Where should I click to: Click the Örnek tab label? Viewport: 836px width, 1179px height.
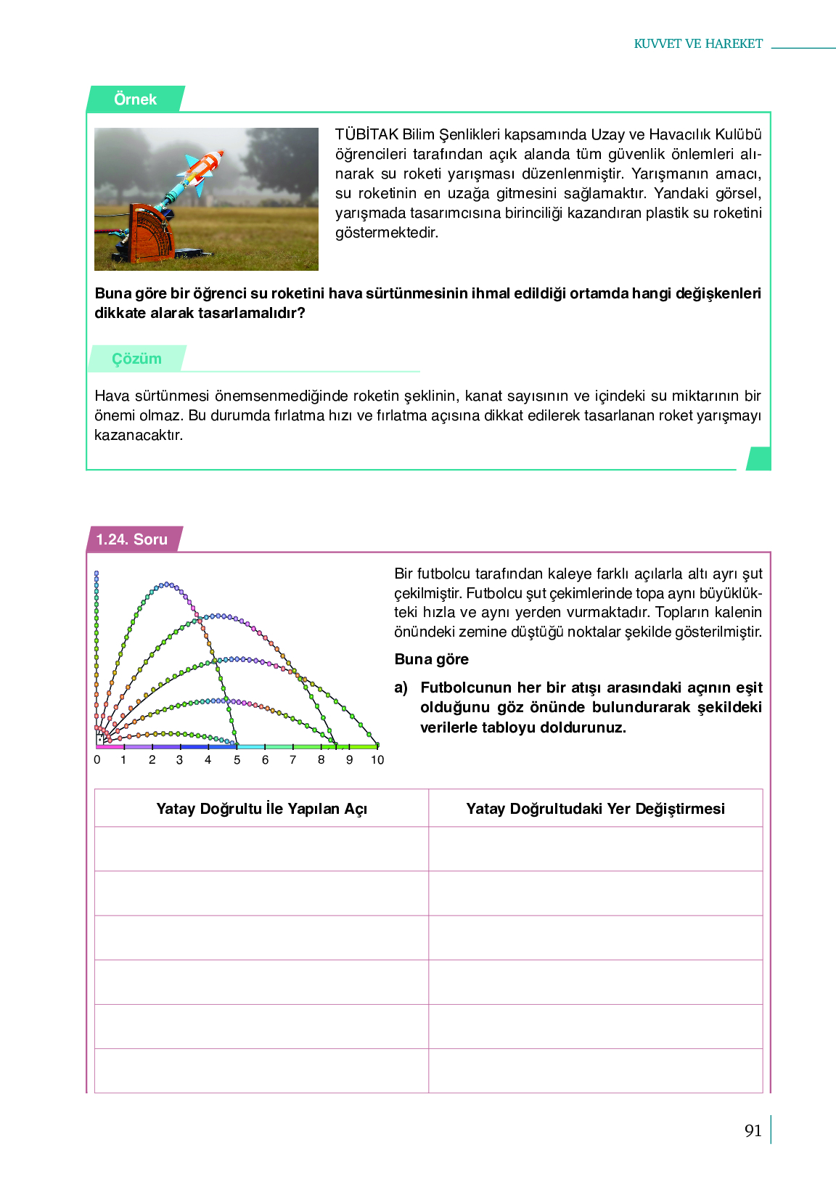pos(135,99)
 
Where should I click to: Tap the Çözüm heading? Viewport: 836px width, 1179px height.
pos(136,359)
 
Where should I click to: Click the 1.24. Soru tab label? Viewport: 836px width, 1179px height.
pos(132,539)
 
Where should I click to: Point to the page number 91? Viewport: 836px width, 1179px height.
pos(753,1130)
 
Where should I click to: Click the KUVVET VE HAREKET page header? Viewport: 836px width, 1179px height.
pos(698,44)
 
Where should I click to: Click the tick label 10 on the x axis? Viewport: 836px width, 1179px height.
pos(377,760)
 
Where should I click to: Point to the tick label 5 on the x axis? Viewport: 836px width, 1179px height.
pos(237,760)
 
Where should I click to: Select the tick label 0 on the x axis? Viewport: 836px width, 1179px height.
pos(97,760)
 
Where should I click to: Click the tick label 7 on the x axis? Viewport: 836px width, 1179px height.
pos(293,760)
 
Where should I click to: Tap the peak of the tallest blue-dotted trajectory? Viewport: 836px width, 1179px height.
pos(167,584)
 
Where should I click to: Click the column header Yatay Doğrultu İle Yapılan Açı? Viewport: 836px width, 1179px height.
pos(261,809)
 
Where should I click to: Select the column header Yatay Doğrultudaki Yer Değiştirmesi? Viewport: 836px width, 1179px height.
pos(595,809)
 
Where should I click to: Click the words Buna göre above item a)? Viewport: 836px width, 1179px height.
pos(431,659)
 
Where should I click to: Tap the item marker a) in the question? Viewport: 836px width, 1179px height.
pos(401,688)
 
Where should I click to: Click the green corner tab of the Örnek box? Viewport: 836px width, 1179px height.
pos(759,459)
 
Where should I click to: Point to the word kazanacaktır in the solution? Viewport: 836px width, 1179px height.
pos(139,436)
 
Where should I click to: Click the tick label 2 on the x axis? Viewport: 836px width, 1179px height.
pos(152,760)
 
